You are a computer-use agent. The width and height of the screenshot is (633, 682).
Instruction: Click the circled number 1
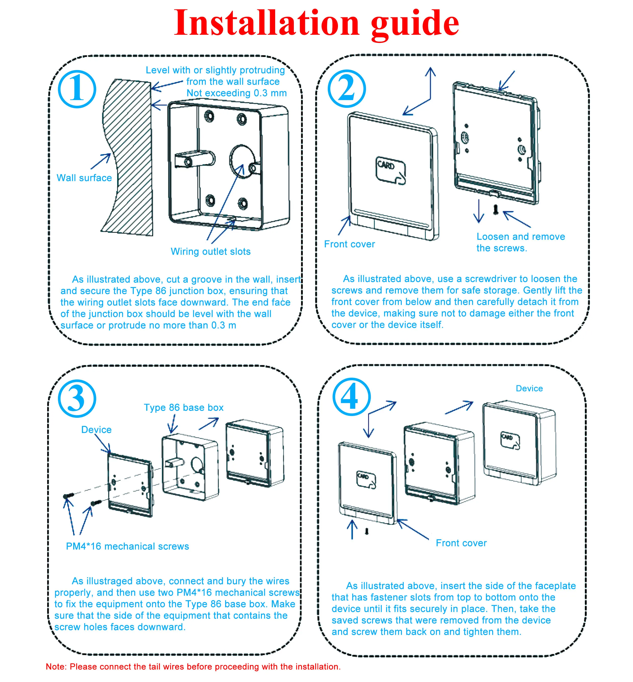point(77,89)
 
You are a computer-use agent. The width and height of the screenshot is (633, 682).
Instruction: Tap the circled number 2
point(347,88)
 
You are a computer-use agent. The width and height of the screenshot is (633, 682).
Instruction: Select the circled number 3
point(77,398)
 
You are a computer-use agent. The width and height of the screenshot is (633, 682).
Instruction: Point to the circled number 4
point(351,397)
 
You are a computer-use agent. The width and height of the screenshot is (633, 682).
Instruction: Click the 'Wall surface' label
point(84,178)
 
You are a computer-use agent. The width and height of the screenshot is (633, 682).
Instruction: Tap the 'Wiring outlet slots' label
point(211,252)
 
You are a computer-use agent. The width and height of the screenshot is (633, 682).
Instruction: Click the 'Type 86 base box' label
point(184,407)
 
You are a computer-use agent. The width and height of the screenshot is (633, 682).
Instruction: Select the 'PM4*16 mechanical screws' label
point(127,546)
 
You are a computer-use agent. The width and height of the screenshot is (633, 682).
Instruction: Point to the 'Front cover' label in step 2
point(349,244)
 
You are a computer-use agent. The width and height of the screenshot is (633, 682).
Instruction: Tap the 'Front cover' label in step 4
point(461,543)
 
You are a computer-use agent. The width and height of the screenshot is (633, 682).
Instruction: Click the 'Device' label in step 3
point(96,430)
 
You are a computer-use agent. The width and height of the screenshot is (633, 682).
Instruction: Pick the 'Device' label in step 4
point(529,388)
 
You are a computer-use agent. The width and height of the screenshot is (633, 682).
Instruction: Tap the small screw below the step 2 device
point(495,210)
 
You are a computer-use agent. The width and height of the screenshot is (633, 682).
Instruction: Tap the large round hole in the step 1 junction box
point(242,161)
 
